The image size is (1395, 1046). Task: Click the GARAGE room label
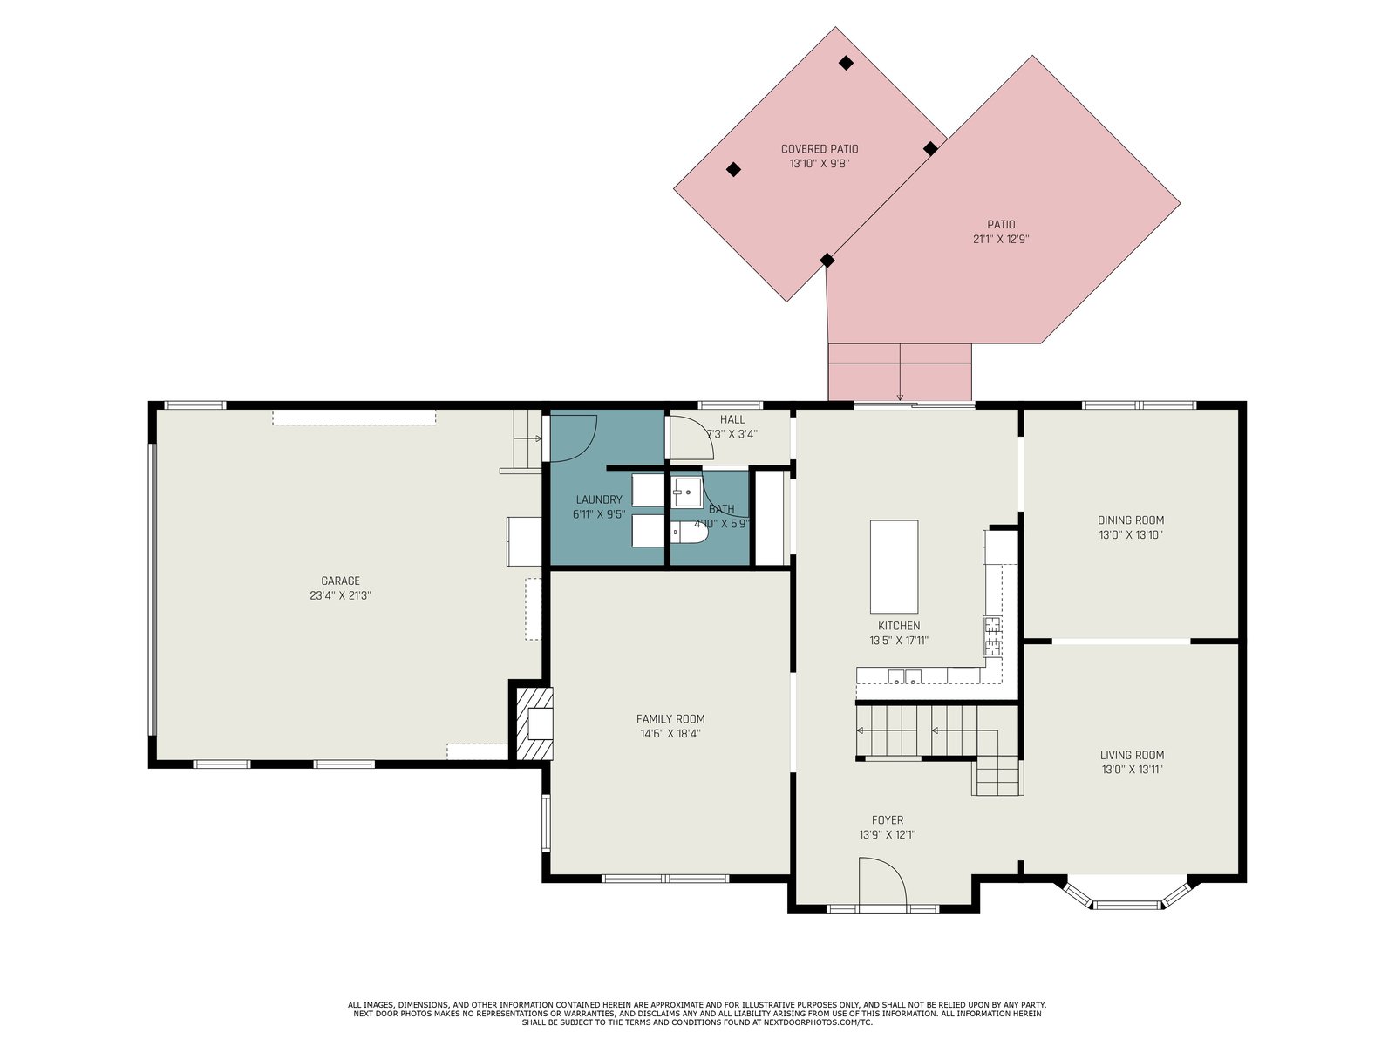[340, 581]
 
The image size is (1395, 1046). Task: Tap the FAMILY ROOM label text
[670, 719]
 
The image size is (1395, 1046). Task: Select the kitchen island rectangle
[894, 566]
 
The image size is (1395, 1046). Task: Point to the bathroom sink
[687, 492]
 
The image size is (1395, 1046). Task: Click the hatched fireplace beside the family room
[532, 723]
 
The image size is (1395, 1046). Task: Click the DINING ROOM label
[1131, 520]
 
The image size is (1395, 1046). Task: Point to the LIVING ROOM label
[1132, 755]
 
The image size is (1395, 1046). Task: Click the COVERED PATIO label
[820, 149]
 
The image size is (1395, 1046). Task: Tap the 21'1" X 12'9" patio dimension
[1001, 240]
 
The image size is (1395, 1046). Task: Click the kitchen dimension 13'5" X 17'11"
[899, 641]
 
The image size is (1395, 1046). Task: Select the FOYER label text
[888, 820]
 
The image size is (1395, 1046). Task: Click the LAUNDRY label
[599, 499]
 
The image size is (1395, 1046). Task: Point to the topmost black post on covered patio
[845, 62]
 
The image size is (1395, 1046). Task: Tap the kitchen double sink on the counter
[904, 676]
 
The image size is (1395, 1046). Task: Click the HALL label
[732, 420]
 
